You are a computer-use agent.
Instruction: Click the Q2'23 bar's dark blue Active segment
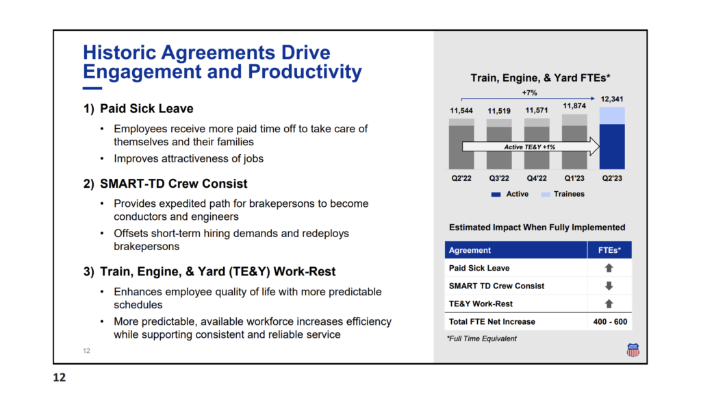pyautogui.click(x=612, y=147)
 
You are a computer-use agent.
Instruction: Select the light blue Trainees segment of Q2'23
pyautogui.click(x=612, y=116)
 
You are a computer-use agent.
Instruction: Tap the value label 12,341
pyautogui.click(x=611, y=99)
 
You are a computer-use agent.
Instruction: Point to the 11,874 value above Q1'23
pyautogui.click(x=574, y=106)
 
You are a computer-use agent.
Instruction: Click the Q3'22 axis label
pyautogui.click(x=499, y=178)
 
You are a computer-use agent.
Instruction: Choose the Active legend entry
pyautogui.click(x=509, y=194)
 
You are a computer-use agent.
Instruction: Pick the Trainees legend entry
pyautogui.click(x=563, y=194)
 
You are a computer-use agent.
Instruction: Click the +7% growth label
pyautogui.click(x=529, y=92)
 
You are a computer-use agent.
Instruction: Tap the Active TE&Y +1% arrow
pyautogui.click(x=531, y=147)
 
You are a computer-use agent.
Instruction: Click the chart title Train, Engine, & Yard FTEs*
pyautogui.click(x=540, y=78)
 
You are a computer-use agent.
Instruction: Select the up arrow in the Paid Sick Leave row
pyautogui.click(x=609, y=268)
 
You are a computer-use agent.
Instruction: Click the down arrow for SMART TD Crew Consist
pyautogui.click(x=609, y=286)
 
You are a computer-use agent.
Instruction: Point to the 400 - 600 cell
pyautogui.click(x=610, y=321)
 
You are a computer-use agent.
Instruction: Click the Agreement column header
pyautogui.click(x=470, y=251)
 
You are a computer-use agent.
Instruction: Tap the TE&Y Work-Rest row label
pyautogui.click(x=481, y=304)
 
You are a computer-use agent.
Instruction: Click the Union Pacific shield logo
pyautogui.click(x=633, y=349)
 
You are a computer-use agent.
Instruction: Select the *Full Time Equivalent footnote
pyautogui.click(x=481, y=338)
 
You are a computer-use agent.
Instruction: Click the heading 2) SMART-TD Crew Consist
pyautogui.click(x=165, y=184)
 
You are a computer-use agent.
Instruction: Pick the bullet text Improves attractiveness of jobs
pyautogui.click(x=189, y=159)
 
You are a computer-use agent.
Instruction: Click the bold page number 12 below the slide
pyautogui.click(x=60, y=378)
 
